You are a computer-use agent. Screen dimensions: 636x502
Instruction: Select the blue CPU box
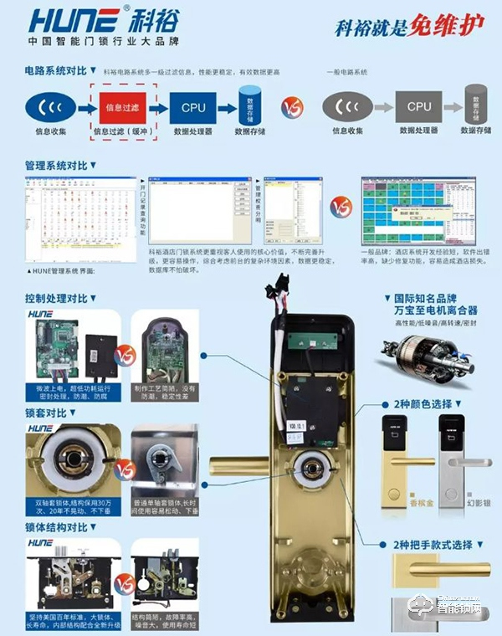pos(193,108)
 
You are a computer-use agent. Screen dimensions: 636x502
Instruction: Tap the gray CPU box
pos(419,107)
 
